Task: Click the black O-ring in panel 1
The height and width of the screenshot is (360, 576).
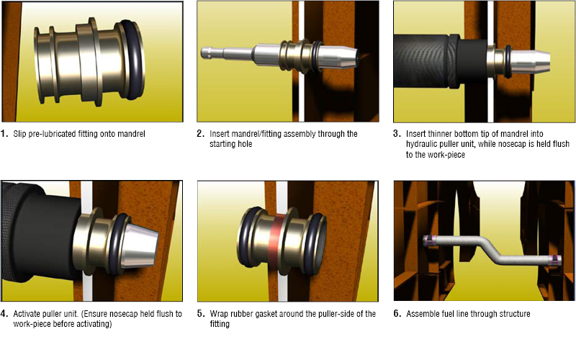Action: [139, 59]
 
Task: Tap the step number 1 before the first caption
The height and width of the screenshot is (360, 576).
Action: [4, 134]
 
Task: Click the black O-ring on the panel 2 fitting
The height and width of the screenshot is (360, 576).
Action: [316, 55]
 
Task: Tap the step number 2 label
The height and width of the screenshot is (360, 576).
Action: [200, 134]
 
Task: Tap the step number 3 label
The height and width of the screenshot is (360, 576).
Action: [397, 134]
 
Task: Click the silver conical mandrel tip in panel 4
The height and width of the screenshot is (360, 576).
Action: [139, 245]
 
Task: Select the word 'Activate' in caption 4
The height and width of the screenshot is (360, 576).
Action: [27, 314]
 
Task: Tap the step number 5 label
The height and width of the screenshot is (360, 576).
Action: [200, 314]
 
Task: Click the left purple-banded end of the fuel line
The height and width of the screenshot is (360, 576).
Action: [428, 240]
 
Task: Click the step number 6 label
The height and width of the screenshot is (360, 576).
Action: [397, 314]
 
